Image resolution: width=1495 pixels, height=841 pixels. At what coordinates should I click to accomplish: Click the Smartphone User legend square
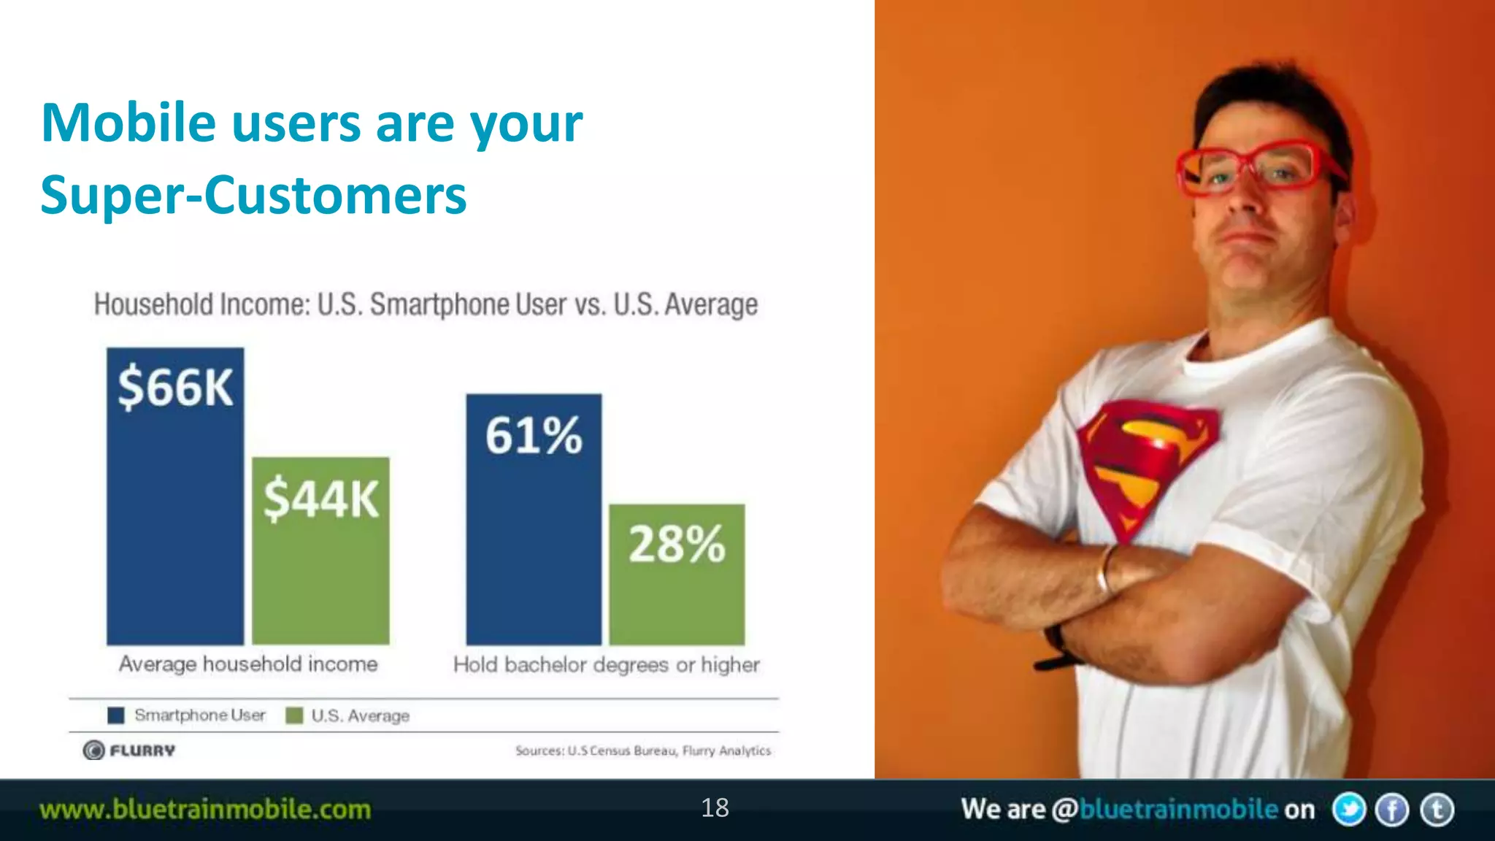pyautogui.click(x=116, y=715)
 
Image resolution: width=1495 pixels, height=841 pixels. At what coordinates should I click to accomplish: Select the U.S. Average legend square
pyautogui.click(x=294, y=715)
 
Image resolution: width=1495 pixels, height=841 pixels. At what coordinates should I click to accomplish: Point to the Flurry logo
pyautogui.click(x=129, y=750)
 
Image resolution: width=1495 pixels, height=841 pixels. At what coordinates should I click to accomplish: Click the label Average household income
pyautogui.click(x=248, y=664)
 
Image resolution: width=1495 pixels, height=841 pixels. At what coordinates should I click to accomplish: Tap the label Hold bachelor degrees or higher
pyautogui.click(x=606, y=665)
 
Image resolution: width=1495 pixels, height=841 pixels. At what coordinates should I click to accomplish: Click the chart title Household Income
pyautogui.click(x=426, y=304)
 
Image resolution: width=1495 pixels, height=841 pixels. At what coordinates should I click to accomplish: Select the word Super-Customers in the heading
pyautogui.click(x=253, y=196)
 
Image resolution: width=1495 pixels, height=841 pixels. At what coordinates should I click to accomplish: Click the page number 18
pyautogui.click(x=715, y=808)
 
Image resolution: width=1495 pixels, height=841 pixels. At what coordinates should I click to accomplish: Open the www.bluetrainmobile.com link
pyautogui.click(x=205, y=810)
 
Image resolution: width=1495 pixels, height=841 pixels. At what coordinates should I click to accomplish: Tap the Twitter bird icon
pyautogui.click(x=1348, y=810)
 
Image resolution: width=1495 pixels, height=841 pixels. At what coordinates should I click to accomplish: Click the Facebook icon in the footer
pyautogui.click(x=1392, y=810)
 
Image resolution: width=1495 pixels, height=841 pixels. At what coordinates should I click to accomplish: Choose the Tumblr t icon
pyautogui.click(x=1437, y=810)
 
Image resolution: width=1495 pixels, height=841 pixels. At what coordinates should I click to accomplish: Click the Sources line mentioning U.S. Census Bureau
pyautogui.click(x=642, y=750)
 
